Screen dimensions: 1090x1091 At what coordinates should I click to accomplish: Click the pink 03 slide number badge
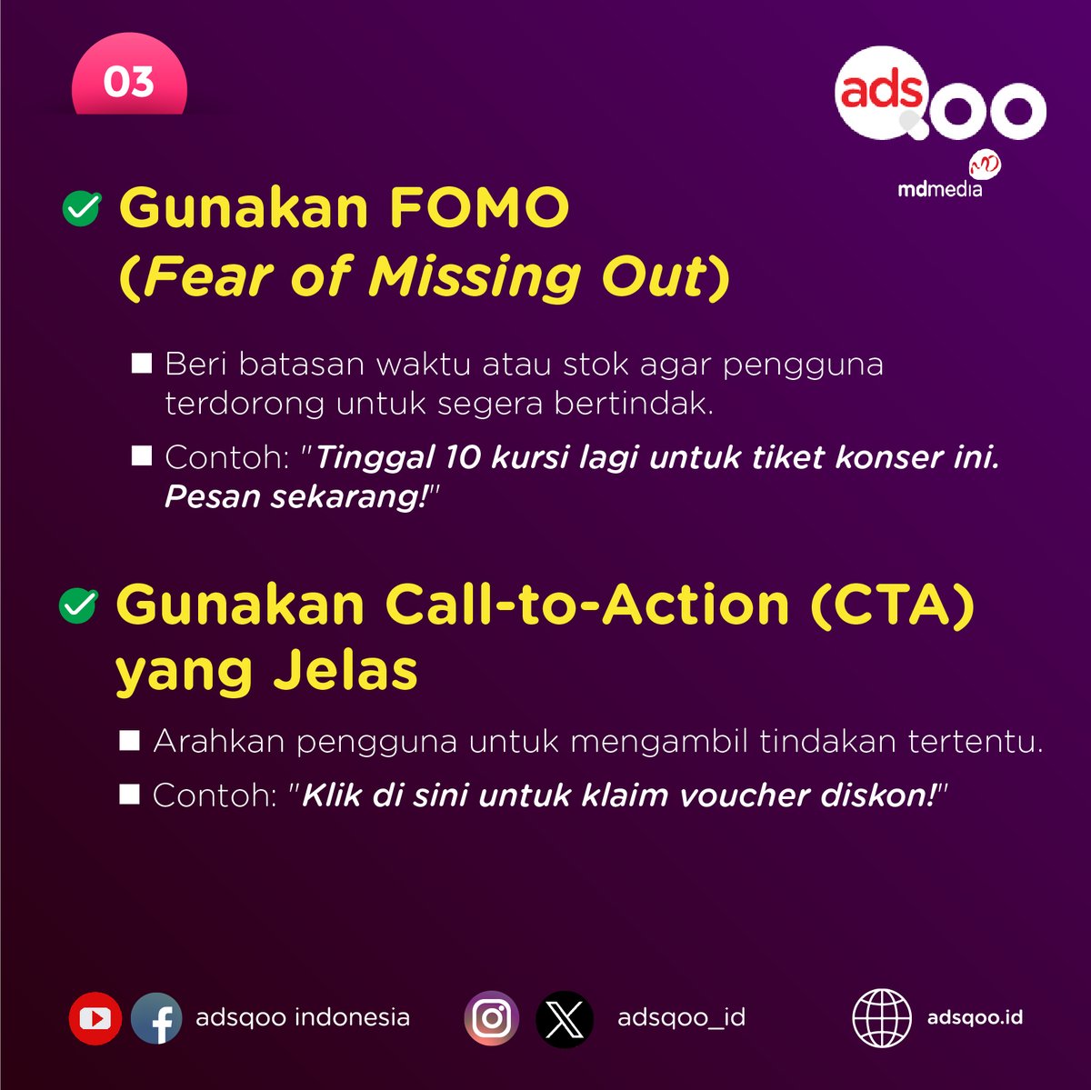(129, 83)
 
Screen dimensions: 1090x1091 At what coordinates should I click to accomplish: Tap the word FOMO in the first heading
(479, 207)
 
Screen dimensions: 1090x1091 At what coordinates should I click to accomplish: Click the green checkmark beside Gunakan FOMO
(81, 208)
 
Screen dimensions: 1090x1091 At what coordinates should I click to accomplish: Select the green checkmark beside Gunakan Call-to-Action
(78, 605)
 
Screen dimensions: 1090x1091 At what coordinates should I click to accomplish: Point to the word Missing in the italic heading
(474, 276)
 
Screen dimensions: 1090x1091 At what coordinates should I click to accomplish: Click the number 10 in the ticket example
(463, 457)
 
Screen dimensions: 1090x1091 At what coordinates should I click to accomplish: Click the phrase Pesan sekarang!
(296, 497)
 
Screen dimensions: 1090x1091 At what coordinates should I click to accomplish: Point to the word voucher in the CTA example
(745, 795)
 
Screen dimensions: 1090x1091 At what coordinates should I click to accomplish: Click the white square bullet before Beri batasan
(142, 364)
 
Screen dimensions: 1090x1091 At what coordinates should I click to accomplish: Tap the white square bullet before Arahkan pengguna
(130, 741)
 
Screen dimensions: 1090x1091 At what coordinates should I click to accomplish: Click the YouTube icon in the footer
(95, 1018)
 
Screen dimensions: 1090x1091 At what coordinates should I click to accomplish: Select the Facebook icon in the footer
(156, 1018)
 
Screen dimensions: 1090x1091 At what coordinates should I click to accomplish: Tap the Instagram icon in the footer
(492, 1018)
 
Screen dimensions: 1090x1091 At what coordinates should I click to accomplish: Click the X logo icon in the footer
(565, 1018)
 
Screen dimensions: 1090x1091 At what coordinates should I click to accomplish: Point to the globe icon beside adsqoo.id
(882, 1018)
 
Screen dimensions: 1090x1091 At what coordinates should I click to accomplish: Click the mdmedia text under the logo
(939, 189)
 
